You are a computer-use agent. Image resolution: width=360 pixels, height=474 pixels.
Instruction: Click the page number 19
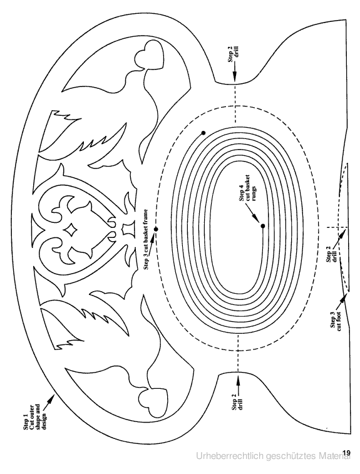click(x=347, y=453)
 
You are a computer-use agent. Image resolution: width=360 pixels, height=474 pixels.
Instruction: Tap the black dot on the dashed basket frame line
click(x=156, y=229)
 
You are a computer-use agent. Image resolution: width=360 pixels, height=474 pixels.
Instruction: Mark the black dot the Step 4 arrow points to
click(x=263, y=226)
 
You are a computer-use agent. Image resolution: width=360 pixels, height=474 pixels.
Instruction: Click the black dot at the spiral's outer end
click(x=203, y=133)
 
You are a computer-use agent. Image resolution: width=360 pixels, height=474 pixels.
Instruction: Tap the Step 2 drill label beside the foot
click(x=331, y=255)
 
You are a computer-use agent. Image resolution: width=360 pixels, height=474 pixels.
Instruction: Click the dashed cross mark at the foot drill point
click(x=337, y=227)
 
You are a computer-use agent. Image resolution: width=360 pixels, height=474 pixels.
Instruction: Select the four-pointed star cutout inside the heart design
click(x=71, y=230)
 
